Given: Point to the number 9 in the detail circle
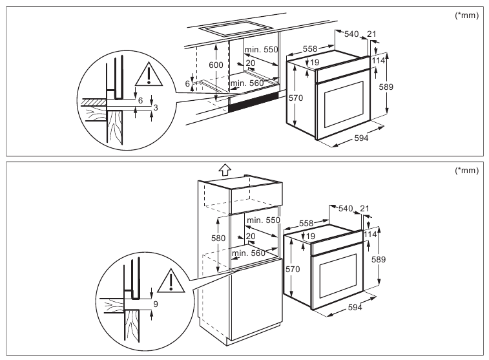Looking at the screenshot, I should (156, 302).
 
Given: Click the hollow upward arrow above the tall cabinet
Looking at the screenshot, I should (224, 169).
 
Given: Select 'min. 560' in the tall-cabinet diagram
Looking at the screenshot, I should (248, 253).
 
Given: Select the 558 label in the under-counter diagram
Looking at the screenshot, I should (311, 49).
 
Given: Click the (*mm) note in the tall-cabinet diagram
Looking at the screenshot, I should (466, 171).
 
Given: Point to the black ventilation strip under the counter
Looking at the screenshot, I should (254, 100).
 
